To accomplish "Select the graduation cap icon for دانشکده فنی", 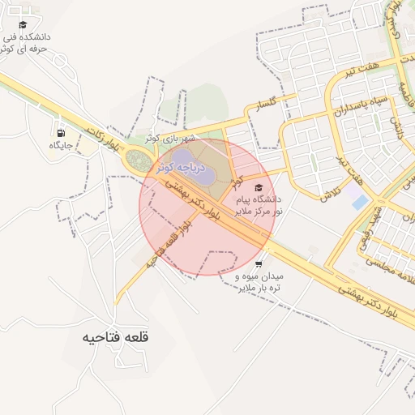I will click(23, 25).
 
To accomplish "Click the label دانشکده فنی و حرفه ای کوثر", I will click(24, 43).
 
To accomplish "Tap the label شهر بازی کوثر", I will click(173, 138).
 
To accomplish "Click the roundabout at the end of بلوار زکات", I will click(138, 160).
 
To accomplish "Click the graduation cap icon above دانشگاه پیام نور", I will click(259, 187).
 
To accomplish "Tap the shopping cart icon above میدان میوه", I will click(258, 264).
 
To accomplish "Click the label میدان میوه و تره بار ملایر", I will click(259, 282).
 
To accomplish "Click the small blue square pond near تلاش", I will click(360, 202).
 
